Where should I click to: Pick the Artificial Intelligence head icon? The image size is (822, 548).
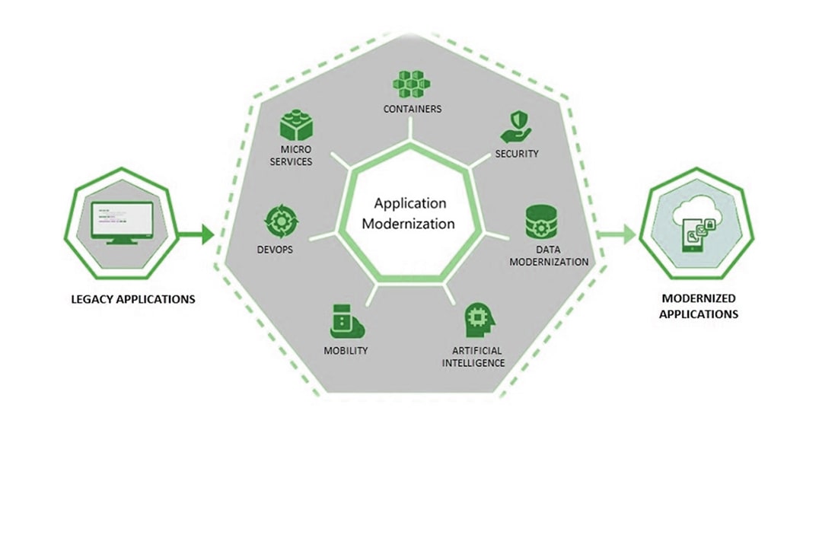[478, 321]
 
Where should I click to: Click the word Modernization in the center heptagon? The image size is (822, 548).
[409, 224]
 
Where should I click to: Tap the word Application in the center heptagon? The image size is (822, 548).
[410, 203]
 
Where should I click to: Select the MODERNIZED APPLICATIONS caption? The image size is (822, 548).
[699, 306]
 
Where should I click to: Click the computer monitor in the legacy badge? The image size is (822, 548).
[122, 221]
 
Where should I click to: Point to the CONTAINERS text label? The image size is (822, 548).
[412, 109]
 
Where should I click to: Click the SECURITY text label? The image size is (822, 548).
[517, 154]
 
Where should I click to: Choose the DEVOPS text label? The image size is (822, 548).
[276, 250]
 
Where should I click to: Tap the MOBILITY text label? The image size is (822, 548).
[346, 351]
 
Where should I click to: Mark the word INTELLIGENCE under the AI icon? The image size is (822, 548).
[473, 363]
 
